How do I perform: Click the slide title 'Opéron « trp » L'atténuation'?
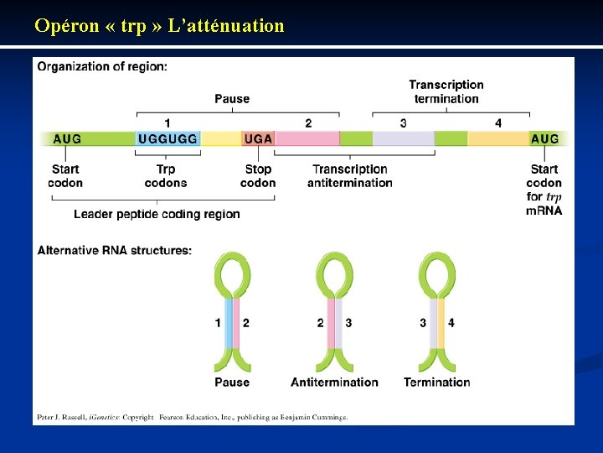(x=159, y=26)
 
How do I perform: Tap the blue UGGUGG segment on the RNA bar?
(x=167, y=138)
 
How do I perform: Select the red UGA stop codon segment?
(x=258, y=138)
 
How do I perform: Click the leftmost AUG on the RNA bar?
(x=67, y=138)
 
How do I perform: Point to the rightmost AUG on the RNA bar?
(x=544, y=138)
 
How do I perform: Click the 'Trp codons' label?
(x=166, y=176)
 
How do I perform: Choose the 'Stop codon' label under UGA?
(x=258, y=176)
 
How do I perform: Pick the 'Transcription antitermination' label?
(x=350, y=176)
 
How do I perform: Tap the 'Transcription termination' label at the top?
(x=446, y=91)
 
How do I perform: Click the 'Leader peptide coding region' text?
(x=157, y=214)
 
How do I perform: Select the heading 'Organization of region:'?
(x=102, y=67)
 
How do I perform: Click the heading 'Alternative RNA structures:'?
(x=115, y=250)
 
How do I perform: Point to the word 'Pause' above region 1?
(x=232, y=99)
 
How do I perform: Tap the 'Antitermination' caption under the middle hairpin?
(x=334, y=383)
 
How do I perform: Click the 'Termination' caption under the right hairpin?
(x=437, y=383)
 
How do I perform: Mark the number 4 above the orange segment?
(x=498, y=123)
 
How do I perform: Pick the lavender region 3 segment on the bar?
(x=403, y=138)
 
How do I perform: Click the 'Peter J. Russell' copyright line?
(x=192, y=417)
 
